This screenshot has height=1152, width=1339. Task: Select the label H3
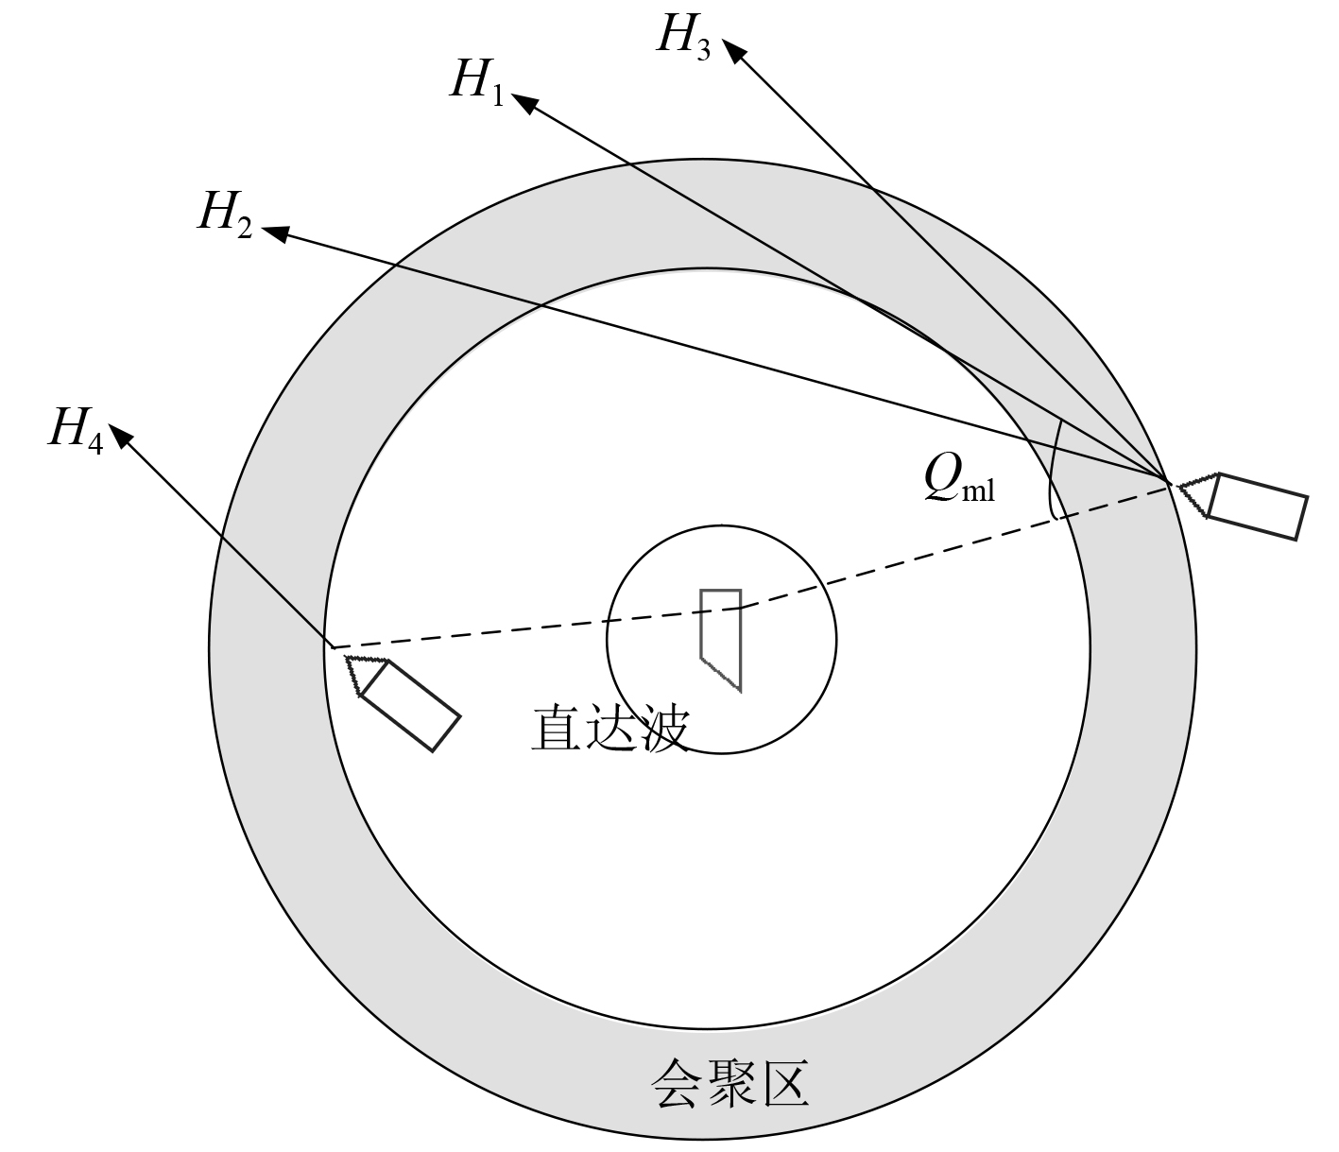(682, 36)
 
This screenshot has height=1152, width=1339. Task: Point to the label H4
(76, 429)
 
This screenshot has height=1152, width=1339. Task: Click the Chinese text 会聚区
(730, 1083)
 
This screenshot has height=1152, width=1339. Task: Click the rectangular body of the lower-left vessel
(410, 705)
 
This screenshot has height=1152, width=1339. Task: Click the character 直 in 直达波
(558, 729)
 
